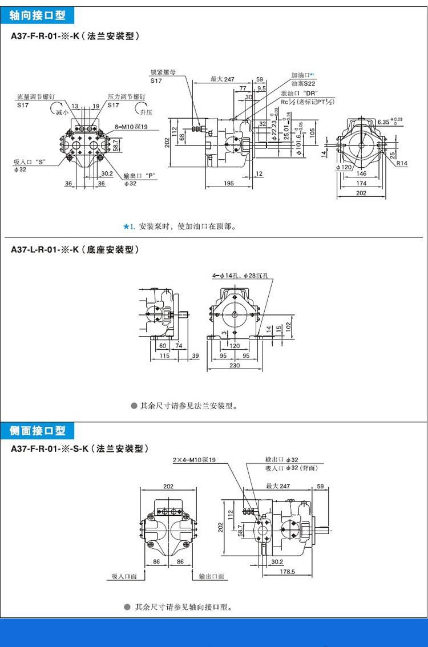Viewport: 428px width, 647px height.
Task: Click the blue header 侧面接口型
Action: coord(38,430)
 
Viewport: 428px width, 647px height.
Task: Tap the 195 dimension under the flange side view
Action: coord(228,183)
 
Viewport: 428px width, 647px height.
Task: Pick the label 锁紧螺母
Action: coord(163,73)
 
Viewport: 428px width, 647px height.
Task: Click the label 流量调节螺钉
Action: coord(34,98)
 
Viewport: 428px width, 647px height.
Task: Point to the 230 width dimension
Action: coord(235,366)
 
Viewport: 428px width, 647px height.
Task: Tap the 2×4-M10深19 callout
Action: coord(194,460)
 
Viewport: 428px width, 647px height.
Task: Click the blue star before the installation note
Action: coord(126,227)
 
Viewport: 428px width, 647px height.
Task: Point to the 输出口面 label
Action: coord(211,577)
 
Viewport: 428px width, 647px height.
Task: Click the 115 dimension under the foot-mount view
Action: coord(164,355)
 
